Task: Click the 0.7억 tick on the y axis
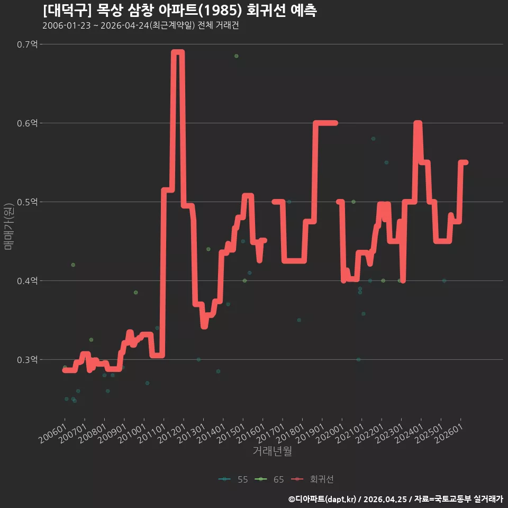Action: pyautogui.click(x=27, y=44)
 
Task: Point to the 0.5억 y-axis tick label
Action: pyautogui.click(x=27, y=202)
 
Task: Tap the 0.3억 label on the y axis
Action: pyautogui.click(x=27, y=360)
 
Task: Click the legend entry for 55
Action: pyautogui.click(x=233, y=479)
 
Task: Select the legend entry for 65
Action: pyautogui.click(x=269, y=479)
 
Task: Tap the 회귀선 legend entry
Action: pyautogui.click(x=312, y=479)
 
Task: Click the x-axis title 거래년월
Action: pyautogui.click(x=272, y=451)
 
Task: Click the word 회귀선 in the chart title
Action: pyautogui.click(x=266, y=11)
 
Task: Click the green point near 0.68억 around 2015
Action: pyautogui.click(x=237, y=56)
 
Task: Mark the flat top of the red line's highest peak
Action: pyautogui.click(x=178, y=52)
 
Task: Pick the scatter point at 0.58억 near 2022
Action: pyautogui.click(x=373, y=139)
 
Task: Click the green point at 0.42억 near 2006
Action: pyautogui.click(x=73, y=265)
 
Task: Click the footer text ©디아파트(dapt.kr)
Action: pyautogui.click(x=322, y=499)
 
